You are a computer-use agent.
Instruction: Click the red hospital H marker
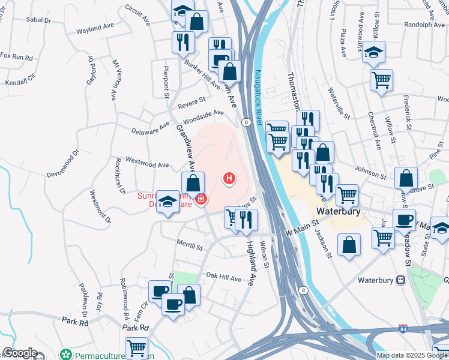click(x=229, y=178)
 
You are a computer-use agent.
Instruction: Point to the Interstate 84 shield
click(x=402, y=330)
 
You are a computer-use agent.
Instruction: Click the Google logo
click(x=20, y=353)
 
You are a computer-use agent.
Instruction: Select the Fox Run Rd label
click(x=16, y=56)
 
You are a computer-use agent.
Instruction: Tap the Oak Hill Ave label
click(x=224, y=278)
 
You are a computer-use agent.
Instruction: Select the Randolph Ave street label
click(x=424, y=25)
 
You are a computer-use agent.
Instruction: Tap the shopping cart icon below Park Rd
click(x=137, y=347)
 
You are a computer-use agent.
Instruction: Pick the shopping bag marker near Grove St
click(x=406, y=178)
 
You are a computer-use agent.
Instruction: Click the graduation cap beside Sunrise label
click(x=168, y=200)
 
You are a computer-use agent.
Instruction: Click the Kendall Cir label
click(x=20, y=80)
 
